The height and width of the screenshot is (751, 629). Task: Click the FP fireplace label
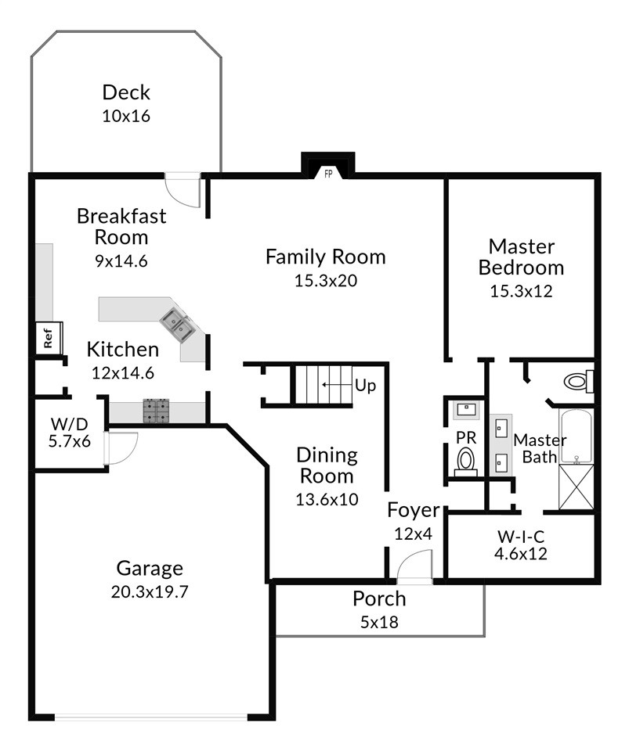pyautogui.click(x=328, y=174)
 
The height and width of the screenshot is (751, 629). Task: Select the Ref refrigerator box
pyautogui.click(x=49, y=338)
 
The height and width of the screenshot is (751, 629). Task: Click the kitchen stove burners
pyautogui.click(x=157, y=411)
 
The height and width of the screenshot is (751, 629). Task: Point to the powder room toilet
pyautogui.click(x=465, y=462)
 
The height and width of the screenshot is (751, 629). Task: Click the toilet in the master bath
pyautogui.click(x=579, y=381)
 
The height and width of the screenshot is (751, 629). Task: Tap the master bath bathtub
pyautogui.click(x=577, y=436)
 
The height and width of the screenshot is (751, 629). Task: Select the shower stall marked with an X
pyautogui.click(x=577, y=487)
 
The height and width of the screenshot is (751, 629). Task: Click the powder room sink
pyautogui.click(x=466, y=409)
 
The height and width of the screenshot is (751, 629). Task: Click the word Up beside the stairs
pyautogui.click(x=365, y=386)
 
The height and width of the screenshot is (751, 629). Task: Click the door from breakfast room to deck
pyautogui.click(x=183, y=190)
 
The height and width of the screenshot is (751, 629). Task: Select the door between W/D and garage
pyautogui.click(x=121, y=448)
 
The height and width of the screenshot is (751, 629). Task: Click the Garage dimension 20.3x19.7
pyautogui.click(x=150, y=592)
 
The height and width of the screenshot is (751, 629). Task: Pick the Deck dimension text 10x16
pyautogui.click(x=126, y=116)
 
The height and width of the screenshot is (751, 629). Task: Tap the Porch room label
pyautogui.click(x=379, y=598)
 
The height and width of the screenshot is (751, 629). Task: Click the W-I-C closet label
pyautogui.click(x=521, y=536)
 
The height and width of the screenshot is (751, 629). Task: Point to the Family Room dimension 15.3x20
pyautogui.click(x=326, y=281)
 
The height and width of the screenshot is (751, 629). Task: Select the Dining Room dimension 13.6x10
pyautogui.click(x=327, y=500)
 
